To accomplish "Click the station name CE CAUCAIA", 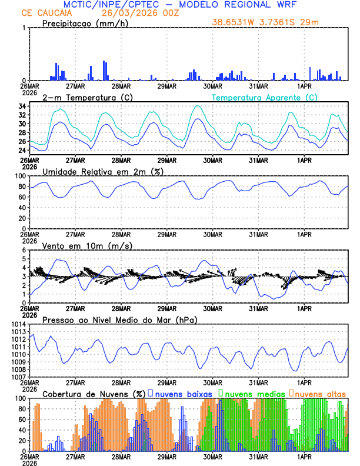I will click(x=42, y=12).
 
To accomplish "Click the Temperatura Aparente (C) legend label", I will click(x=264, y=97).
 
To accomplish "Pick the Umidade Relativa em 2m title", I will click(x=103, y=171).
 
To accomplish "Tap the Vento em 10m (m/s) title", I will click(x=82, y=245).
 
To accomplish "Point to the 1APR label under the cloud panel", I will click(x=304, y=456).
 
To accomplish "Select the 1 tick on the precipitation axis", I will click(x=24, y=28).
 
